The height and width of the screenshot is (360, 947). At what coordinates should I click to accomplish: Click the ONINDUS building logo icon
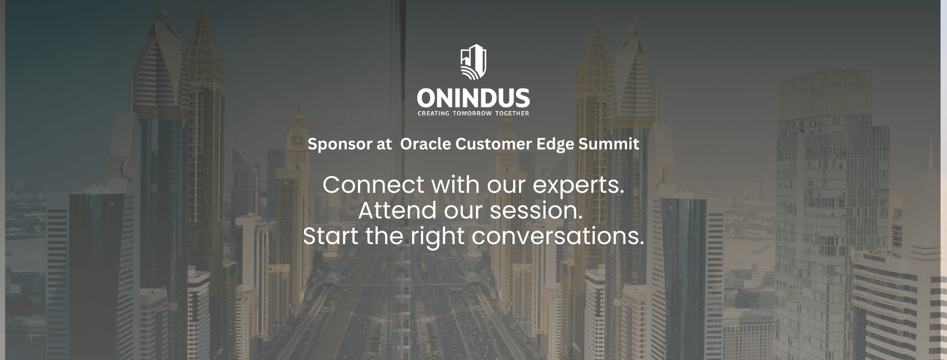(473, 62)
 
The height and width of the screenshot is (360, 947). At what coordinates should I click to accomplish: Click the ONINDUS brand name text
(473, 98)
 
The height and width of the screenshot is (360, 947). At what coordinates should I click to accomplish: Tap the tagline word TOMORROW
(472, 113)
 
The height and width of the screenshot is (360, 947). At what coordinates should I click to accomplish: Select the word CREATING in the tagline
(434, 113)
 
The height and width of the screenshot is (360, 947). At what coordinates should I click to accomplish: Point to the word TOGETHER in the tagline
(512, 113)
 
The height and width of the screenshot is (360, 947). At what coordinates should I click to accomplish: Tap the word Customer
(494, 144)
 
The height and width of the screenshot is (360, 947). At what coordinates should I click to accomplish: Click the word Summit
(609, 144)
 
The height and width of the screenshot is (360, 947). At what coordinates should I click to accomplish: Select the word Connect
(373, 185)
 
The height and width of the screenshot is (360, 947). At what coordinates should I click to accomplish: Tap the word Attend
(398, 211)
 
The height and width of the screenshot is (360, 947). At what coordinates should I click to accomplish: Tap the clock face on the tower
(297, 141)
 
